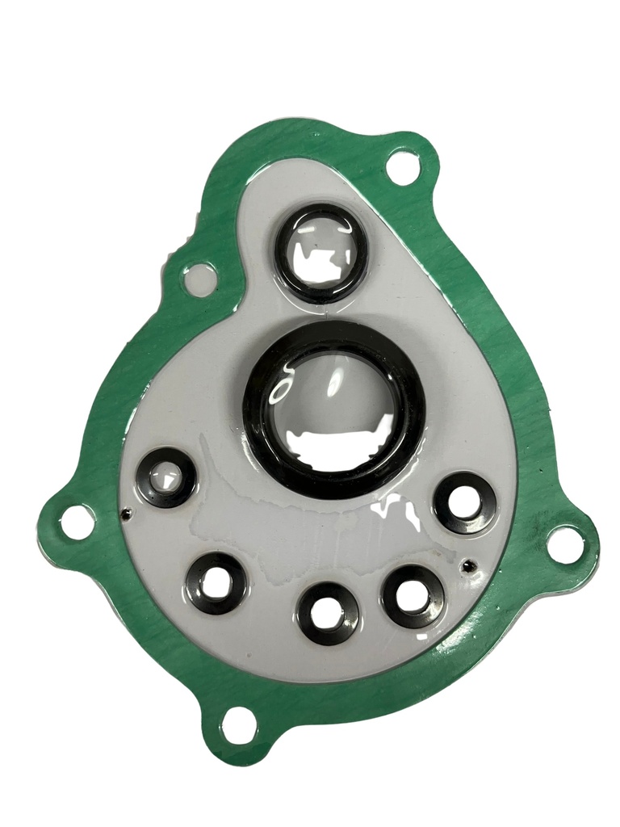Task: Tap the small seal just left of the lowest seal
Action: click(217, 583)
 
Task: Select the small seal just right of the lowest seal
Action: click(413, 596)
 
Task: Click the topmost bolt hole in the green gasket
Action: click(402, 167)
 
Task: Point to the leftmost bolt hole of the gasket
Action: click(77, 522)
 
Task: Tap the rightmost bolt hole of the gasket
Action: click(565, 544)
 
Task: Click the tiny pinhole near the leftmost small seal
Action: click(126, 511)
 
